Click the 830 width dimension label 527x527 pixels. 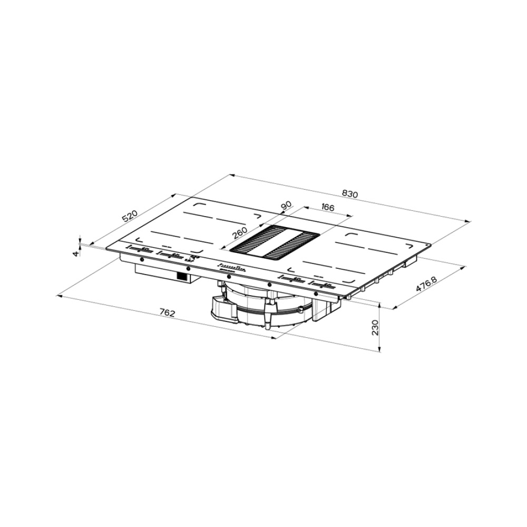(x=350, y=194)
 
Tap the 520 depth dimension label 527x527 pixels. (x=130, y=216)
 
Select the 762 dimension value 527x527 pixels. (x=167, y=313)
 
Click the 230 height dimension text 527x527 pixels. (x=375, y=327)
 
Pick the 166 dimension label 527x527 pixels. (x=327, y=207)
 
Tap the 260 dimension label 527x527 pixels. (x=239, y=232)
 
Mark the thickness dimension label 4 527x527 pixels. (x=76, y=253)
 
